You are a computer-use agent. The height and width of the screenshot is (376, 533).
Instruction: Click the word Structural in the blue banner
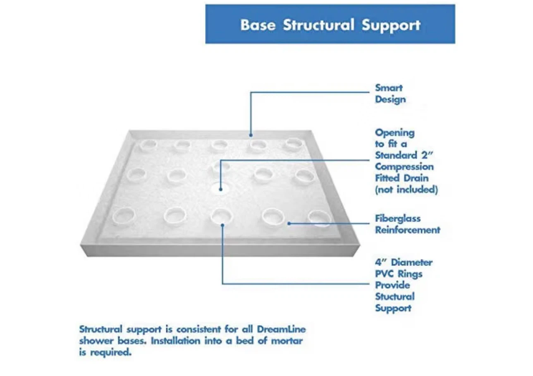318,25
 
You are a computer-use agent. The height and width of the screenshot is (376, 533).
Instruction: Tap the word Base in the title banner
258,25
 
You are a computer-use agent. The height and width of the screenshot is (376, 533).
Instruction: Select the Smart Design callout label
390,94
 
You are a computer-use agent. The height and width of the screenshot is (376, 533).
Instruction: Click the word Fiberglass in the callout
398,218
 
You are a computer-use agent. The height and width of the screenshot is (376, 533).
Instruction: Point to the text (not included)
406,190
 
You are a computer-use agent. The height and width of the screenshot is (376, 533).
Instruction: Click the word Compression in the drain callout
404,167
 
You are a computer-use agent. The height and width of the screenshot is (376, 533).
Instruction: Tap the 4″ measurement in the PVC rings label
381,262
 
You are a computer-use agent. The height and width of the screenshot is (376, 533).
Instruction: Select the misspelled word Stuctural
395,297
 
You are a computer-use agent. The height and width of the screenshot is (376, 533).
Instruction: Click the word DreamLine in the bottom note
281,329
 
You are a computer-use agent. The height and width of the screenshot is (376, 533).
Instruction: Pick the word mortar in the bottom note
287,341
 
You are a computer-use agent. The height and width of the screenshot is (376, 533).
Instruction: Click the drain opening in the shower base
220,189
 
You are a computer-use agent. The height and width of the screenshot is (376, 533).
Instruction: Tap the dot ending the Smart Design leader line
251,135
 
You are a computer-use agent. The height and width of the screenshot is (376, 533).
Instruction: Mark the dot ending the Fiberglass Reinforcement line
289,223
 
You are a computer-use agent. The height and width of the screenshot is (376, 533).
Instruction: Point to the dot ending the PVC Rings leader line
222,225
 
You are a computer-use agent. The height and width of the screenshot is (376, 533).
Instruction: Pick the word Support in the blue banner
391,25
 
